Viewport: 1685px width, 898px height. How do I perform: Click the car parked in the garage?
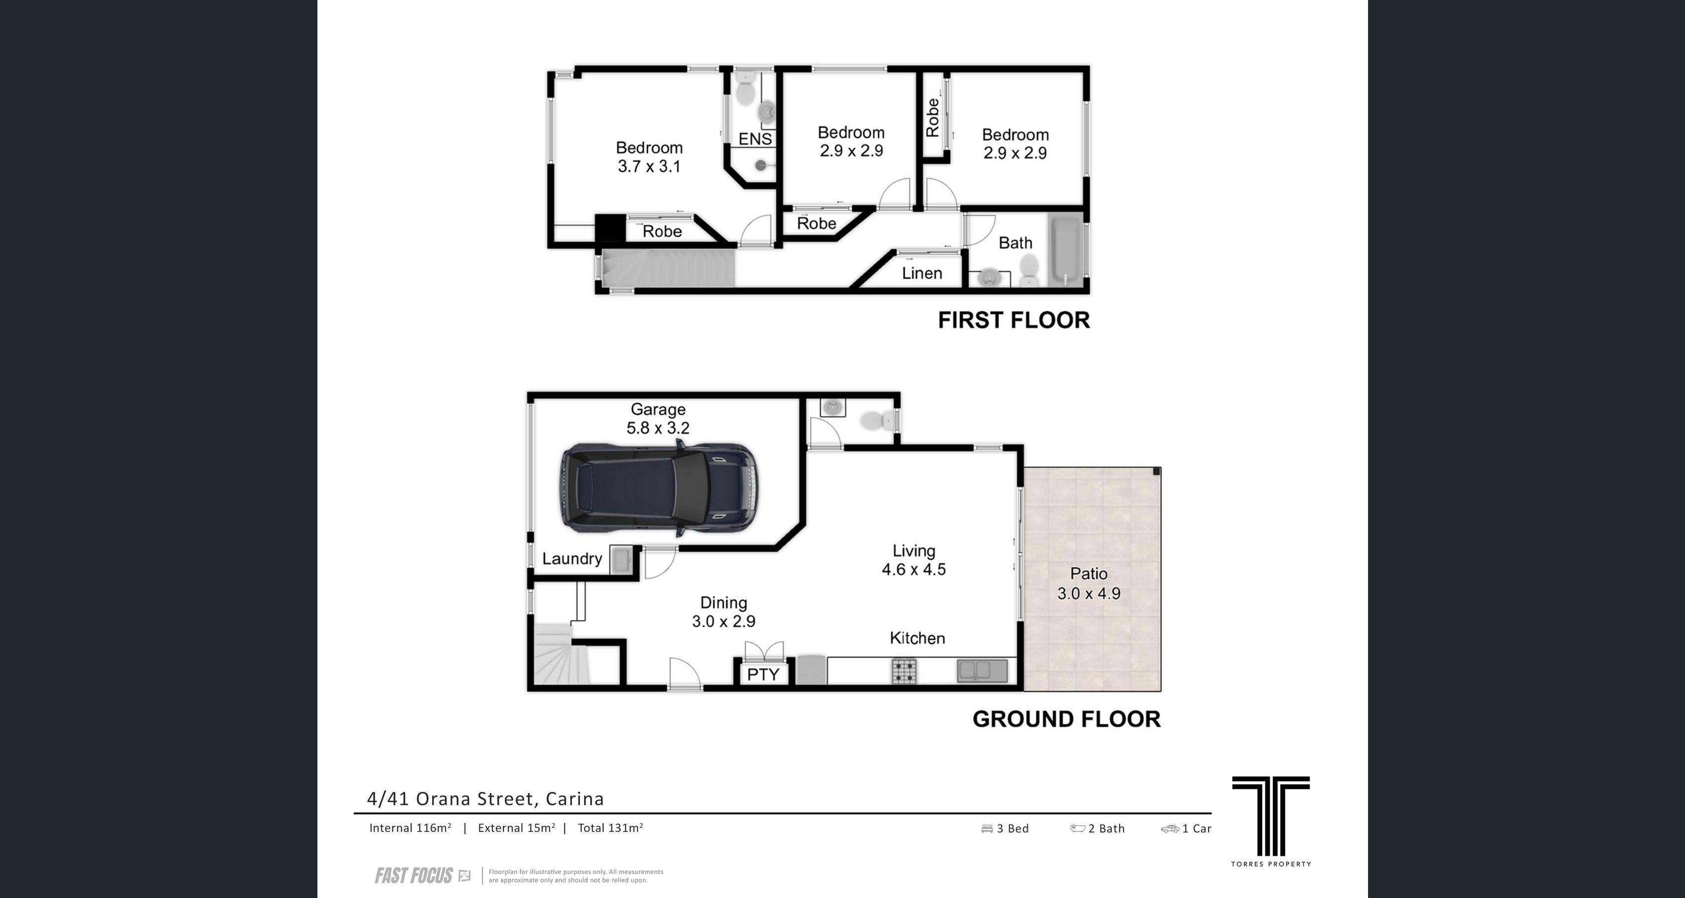(x=658, y=488)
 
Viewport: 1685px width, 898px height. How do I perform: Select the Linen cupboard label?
(x=921, y=273)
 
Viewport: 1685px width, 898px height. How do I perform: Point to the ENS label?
(x=755, y=139)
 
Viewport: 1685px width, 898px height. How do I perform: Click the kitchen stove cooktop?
(x=904, y=671)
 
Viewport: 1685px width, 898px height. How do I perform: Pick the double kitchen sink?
(x=982, y=671)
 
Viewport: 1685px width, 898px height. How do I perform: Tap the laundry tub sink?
(x=621, y=560)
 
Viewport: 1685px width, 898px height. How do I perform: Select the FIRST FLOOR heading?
(x=1014, y=320)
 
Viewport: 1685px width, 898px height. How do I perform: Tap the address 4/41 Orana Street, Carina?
(x=485, y=799)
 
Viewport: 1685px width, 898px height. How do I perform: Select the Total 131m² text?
(x=611, y=828)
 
